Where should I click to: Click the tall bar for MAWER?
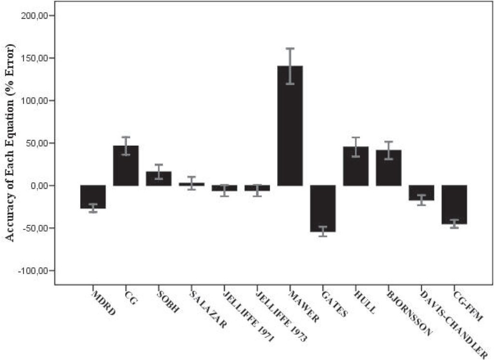pyautogui.click(x=290, y=125)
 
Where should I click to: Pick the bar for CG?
pyautogui.click(x=125, y=166)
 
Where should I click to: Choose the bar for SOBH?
pyautogui.click(x=158, y=179)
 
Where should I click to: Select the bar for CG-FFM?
pyautogui.click(x=454, y=205)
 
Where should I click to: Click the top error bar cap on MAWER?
pyautogui.click(x=290, y=48)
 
